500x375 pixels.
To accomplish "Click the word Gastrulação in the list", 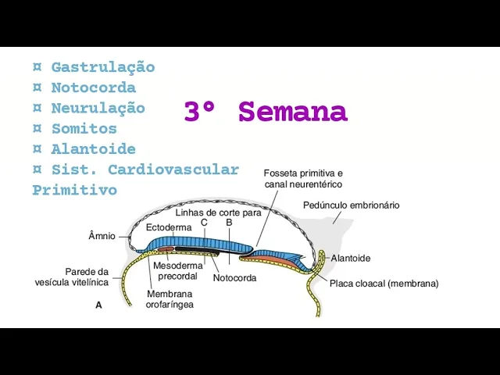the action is tap(102, 67).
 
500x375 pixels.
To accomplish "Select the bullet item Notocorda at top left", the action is tap(93, 87).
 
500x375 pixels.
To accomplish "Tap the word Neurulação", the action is tap(98, 108).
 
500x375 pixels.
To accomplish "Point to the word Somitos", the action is tap(84, 128).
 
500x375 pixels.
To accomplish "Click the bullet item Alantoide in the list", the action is tap(93, 148).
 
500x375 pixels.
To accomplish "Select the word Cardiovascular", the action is tap(173, 170).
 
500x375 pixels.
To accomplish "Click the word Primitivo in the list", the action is tap(74, 190).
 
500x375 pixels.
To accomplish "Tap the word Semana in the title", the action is tap(292, 112).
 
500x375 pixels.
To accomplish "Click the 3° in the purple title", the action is tap(201, 112).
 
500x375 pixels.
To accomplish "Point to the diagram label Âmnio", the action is tap(102, 235).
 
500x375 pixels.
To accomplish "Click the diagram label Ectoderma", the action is tap(168, 227).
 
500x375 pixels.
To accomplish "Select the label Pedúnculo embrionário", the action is tap(351, 205).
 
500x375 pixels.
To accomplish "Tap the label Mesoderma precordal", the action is tap(177, 270).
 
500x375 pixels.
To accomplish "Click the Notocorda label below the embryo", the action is tap(234, 277).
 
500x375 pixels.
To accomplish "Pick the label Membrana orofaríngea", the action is tap(170, 299).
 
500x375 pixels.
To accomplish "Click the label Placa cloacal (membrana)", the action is tap(384, 284).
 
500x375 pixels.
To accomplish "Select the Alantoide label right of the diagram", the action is tap(350, 258).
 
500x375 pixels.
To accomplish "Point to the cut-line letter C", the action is tap(204, 223).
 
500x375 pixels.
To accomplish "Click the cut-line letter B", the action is tap(229, 223).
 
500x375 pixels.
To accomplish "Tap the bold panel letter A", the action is tap(98, 305).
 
